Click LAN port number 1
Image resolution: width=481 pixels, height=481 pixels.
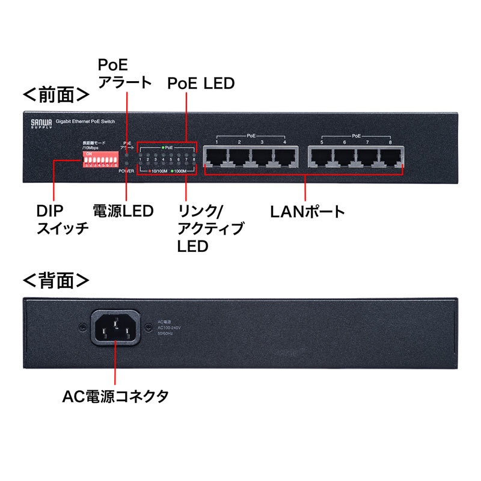click(x=216, y=157)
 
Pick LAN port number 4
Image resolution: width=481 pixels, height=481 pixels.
click(x=285, y=157)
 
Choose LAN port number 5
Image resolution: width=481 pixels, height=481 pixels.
click(x=322, y=157)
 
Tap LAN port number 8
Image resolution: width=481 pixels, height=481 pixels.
click(x=390, y=157)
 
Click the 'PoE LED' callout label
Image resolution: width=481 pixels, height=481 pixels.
click(x=201, y=83)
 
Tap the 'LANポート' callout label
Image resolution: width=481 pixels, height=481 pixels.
click(x=307, y=212)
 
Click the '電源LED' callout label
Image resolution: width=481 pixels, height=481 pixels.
click(x=123, y=211)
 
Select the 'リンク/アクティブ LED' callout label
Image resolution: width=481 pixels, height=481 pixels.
click(x=210, y=228)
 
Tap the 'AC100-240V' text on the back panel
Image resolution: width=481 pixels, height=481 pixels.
click(x=169, y=327)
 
